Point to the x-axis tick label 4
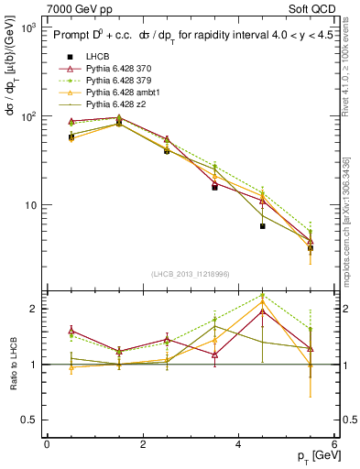coord(238,444)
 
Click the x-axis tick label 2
coord(143,444)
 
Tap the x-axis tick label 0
coord(47,444)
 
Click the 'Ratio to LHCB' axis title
coord(12,364)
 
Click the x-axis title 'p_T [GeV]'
coord(308,456)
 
